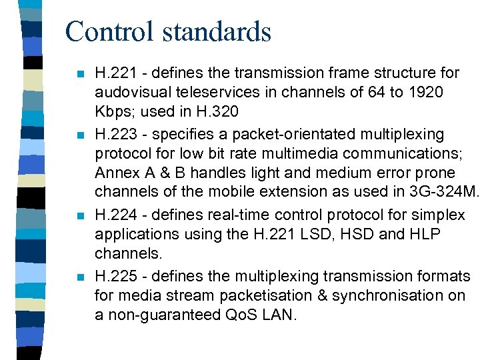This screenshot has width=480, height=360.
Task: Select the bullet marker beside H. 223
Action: (x=80, y=135)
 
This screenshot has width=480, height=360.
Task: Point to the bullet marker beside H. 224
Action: (x=80, y=217)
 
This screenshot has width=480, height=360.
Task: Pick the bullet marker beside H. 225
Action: (x=80, y=277)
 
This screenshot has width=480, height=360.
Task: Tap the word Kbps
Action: (x=113, y=111)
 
